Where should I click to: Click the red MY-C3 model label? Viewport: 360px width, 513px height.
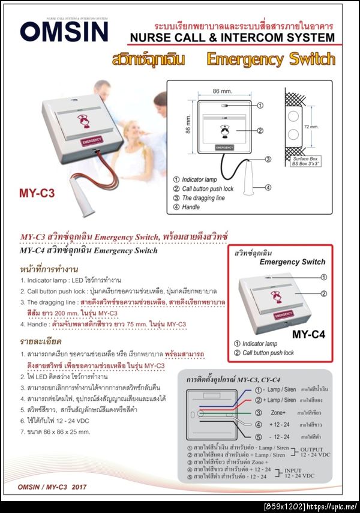[37, 193]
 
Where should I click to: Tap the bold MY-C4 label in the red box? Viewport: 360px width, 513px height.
[308, 334]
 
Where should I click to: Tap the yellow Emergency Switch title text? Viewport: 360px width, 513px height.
[270, 59]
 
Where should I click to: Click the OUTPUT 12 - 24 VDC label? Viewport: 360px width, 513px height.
[316, 452]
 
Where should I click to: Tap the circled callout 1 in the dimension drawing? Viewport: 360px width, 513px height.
[260, 105]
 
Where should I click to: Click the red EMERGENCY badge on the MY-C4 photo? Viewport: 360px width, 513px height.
[283, 315]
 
